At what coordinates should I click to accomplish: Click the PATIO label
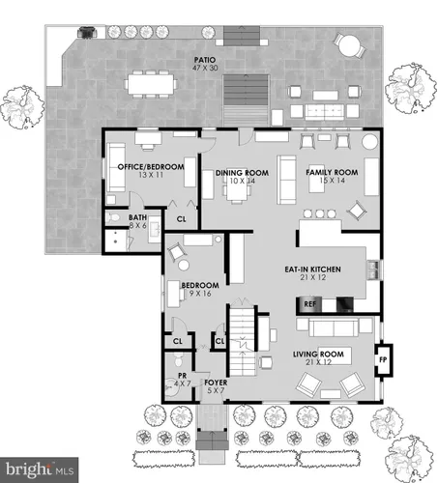click(x=205, y=60)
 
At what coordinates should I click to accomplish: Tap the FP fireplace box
click(x=384, y=360)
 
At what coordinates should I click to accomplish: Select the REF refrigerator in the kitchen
click(x=309, y=304)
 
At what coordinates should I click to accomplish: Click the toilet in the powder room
click(x=179, y=359)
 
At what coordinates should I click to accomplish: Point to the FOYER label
click(x=216, y=383)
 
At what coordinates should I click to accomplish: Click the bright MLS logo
click(x=40, y=469)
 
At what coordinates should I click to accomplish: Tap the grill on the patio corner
click(x=87, y=32)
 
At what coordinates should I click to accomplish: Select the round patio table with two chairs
click(x=350, y=45)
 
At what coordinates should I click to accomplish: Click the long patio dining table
click(x=151, y=84)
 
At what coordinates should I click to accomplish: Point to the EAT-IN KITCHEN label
click(x=312, y=270)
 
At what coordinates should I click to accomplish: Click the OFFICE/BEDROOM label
click(x=151, y=167)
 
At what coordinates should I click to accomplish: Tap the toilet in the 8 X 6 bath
click(x=112, y=218)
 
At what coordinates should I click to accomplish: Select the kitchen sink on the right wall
click(x=373, y=270)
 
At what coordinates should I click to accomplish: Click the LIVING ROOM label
click(x=318, y=355)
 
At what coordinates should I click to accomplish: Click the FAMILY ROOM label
click(x=332, y=172)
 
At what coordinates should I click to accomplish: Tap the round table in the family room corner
click(x=369, y=142)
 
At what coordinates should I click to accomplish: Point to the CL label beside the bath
click(x=181, y=219)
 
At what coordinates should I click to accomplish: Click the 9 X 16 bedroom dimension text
click(x=200, y=294)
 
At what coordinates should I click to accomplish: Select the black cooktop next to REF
click(x=344, y=305)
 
